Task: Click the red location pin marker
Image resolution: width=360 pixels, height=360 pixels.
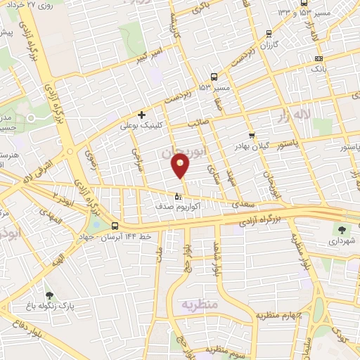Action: tap(181, 166)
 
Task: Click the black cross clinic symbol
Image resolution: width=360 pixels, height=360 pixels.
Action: tap(142, 115)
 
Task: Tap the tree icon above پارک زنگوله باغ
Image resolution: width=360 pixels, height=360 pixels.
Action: tap(49, 295)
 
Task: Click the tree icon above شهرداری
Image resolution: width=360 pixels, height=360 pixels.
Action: tap(342, 229)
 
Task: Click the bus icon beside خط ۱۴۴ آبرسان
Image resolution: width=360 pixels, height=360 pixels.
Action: tap(115, 225)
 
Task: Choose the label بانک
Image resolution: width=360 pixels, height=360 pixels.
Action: tap(318, 70)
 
